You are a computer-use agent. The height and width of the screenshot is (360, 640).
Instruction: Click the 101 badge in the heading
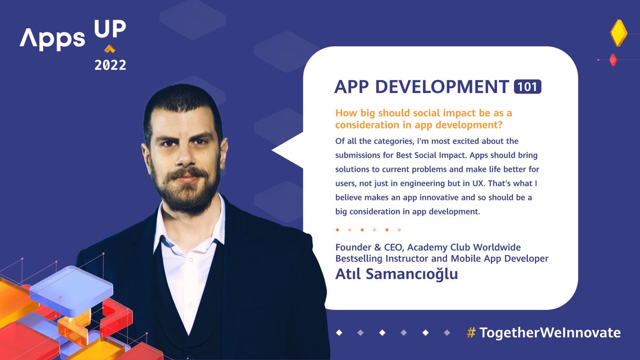527,86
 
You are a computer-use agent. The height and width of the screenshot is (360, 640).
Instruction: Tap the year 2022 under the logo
110,65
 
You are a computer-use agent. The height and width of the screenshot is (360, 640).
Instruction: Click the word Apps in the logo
52,39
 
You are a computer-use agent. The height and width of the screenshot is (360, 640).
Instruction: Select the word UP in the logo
110,30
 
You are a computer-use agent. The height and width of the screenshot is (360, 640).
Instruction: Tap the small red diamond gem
613,60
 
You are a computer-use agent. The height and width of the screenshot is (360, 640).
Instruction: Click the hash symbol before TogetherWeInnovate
471,333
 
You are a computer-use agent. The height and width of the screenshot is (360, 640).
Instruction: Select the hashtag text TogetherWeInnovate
550,333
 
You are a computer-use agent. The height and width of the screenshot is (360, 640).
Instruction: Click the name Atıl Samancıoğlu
396,274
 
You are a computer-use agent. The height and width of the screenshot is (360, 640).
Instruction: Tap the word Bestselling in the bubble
361,259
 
